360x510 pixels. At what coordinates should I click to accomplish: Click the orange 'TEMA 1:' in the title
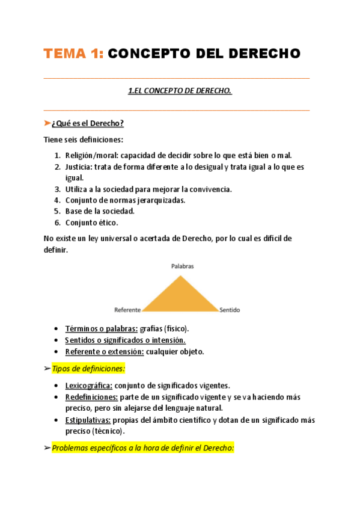point(73,54)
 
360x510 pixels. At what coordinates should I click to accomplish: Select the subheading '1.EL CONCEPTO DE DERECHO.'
point(180,91)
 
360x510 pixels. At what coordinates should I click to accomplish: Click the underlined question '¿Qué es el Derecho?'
point(88,123)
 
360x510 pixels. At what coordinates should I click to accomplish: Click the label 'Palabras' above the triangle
point(182,265)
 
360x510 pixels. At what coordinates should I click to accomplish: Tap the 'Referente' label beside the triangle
point(127,310)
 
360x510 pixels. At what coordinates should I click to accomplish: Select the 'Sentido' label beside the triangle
point(230,310)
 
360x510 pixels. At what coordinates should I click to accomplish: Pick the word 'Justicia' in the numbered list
point(79,167)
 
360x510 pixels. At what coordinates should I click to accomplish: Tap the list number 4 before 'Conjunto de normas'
point(57,200)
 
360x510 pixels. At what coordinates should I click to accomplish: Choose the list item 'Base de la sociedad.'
point(100,211)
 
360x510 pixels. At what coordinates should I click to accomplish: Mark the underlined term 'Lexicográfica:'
point(88,386)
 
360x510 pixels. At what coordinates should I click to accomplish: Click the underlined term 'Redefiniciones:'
point(91,397)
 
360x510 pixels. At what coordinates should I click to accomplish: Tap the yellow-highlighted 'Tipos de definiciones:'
point(88,368)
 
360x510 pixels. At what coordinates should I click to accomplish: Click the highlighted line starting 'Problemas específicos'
point(142,447)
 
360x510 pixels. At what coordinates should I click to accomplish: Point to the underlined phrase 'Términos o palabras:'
point(100,328)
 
